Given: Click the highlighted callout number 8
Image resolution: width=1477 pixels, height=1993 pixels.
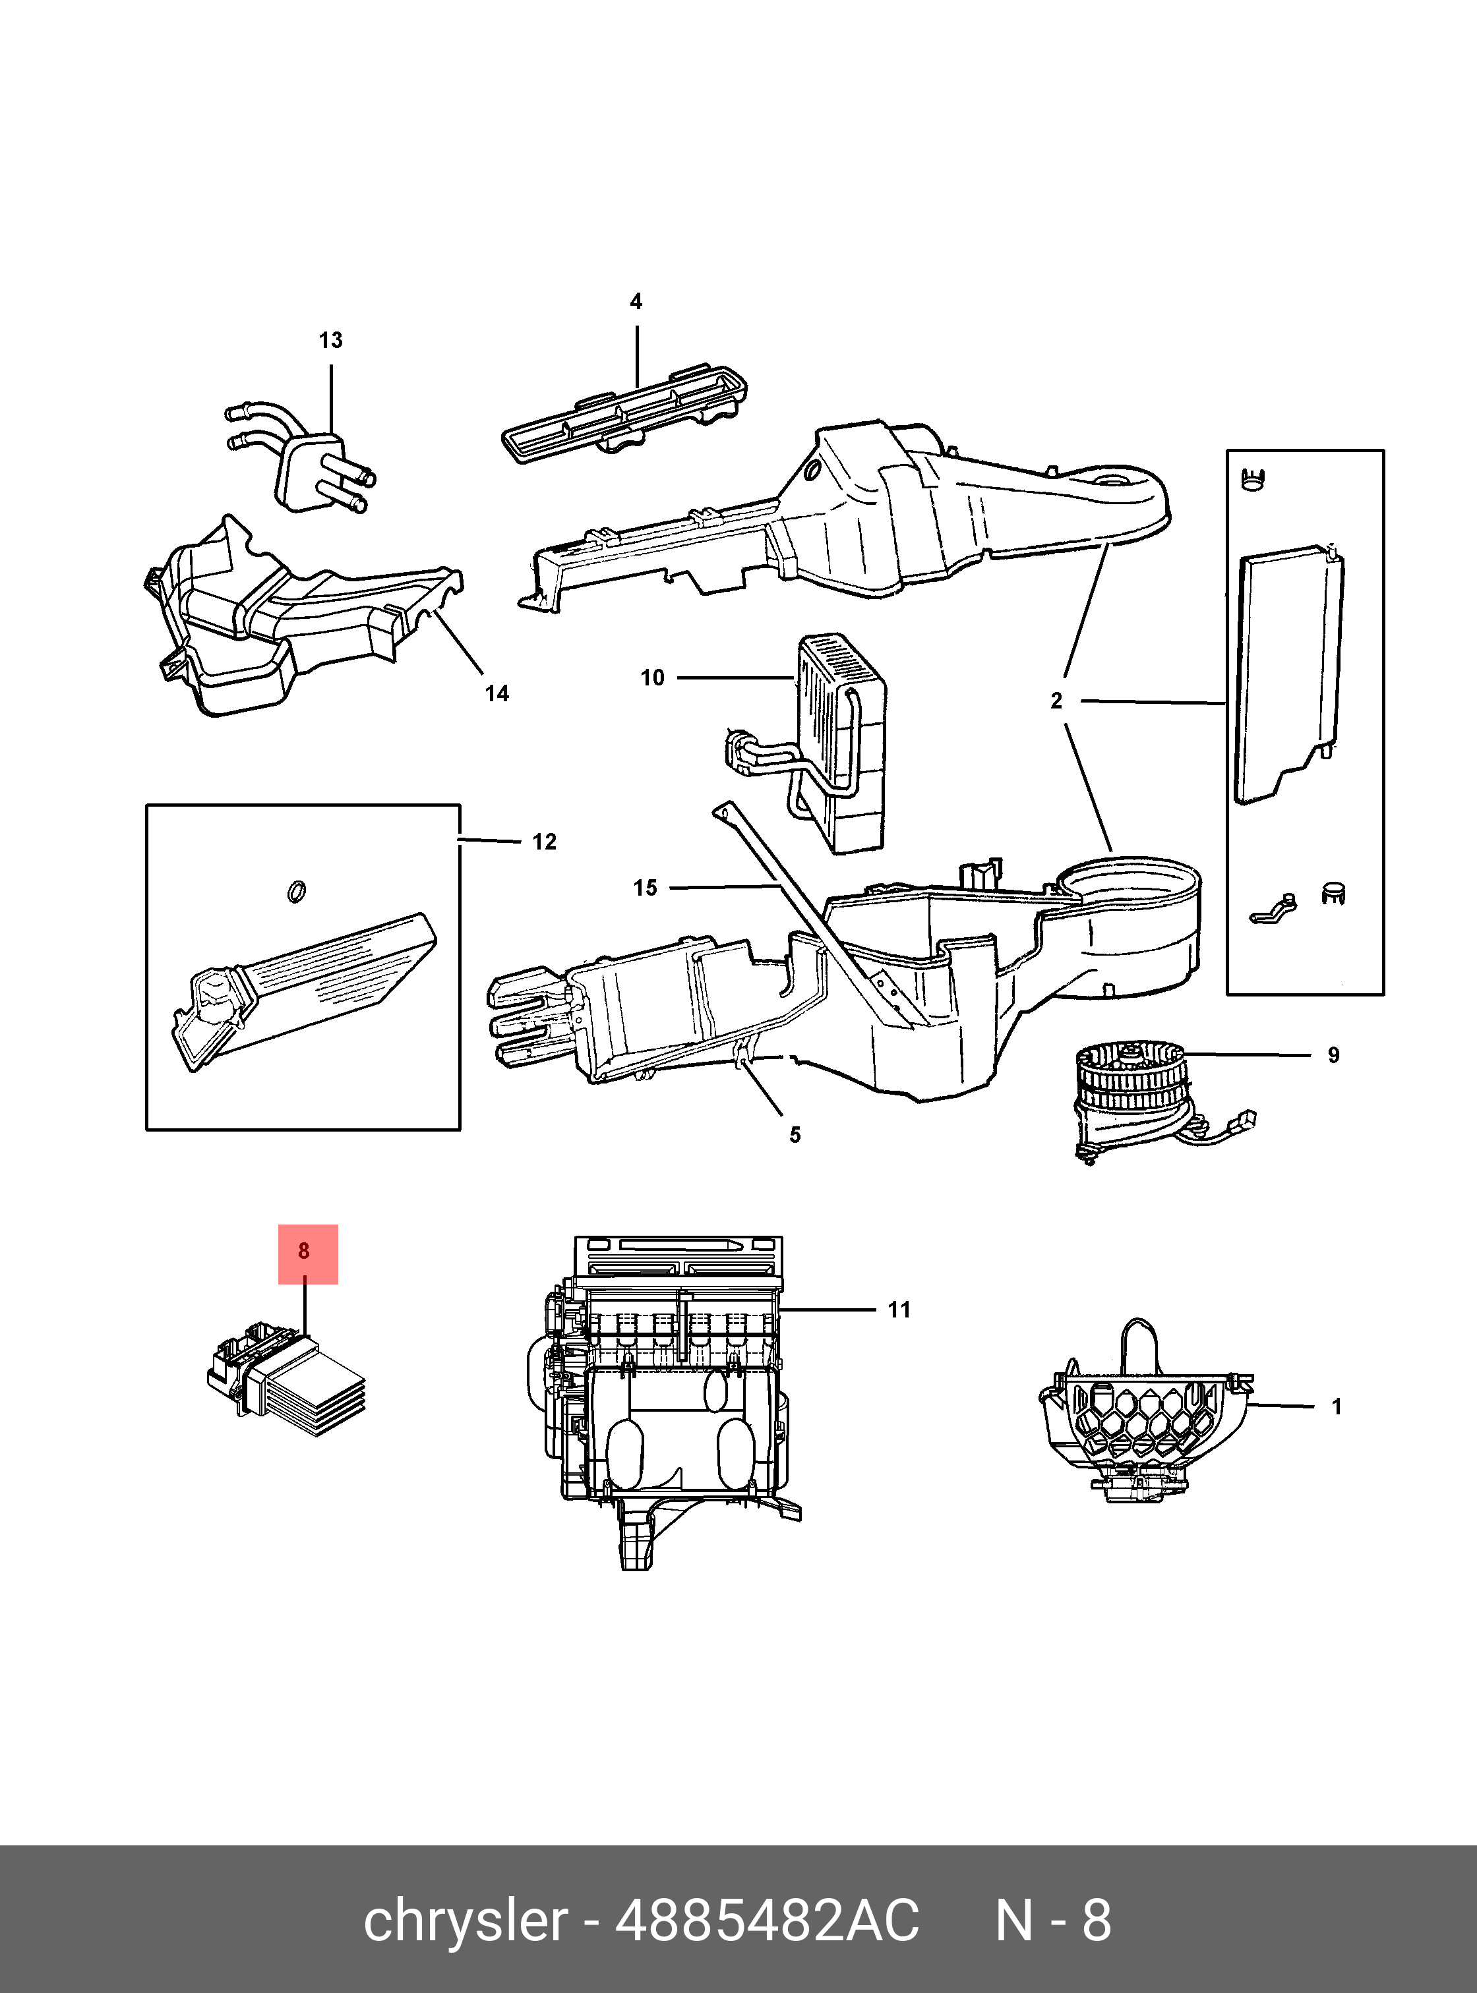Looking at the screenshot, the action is (x=304, y=1251).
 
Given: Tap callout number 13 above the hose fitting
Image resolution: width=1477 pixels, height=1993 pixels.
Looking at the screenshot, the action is (x=331, y=341).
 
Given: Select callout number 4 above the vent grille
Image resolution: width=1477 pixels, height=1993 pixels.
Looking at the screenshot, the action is (x=636, y=301).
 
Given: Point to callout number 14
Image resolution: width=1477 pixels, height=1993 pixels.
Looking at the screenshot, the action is (x=497, y=693).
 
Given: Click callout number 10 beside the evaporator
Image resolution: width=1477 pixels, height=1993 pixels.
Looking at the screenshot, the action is (x=653, y=678).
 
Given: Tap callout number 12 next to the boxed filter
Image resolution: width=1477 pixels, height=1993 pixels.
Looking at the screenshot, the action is (x=545, y=842).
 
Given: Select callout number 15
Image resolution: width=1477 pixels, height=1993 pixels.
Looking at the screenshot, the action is (x=646, y=888).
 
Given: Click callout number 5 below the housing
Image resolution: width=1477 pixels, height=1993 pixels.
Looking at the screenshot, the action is (x=795, y=1135).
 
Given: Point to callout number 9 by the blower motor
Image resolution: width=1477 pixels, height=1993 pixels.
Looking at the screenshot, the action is (x=1333, y=1055).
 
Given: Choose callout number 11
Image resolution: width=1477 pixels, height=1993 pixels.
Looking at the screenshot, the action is (x=899, y=1310).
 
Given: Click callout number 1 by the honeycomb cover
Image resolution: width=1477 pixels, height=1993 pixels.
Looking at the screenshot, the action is (x=1337, y=1406).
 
